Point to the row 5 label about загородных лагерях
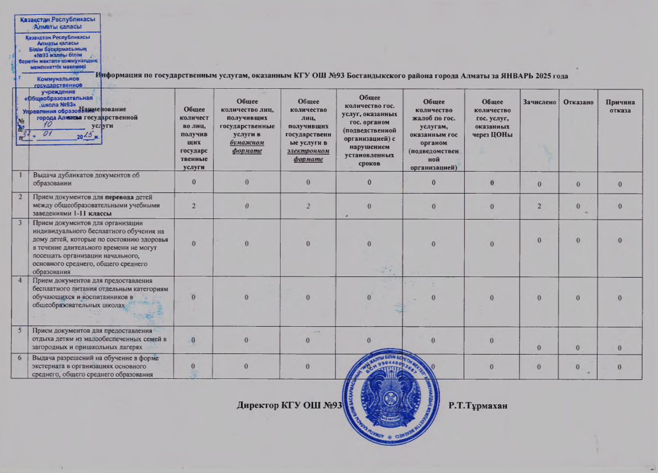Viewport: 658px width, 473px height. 98,338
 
